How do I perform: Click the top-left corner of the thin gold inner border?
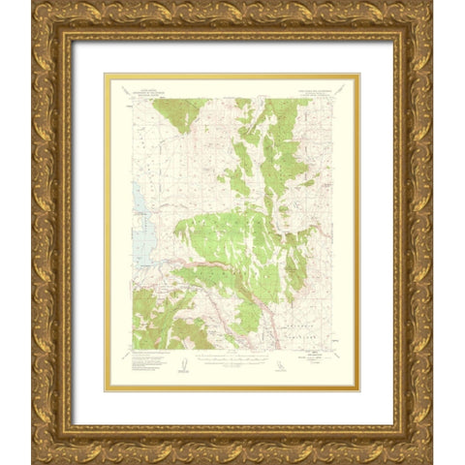(x=105, y=74)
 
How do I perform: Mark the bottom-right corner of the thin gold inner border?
(x=359, y=390)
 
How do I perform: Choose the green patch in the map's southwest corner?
(x=160, y=325)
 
